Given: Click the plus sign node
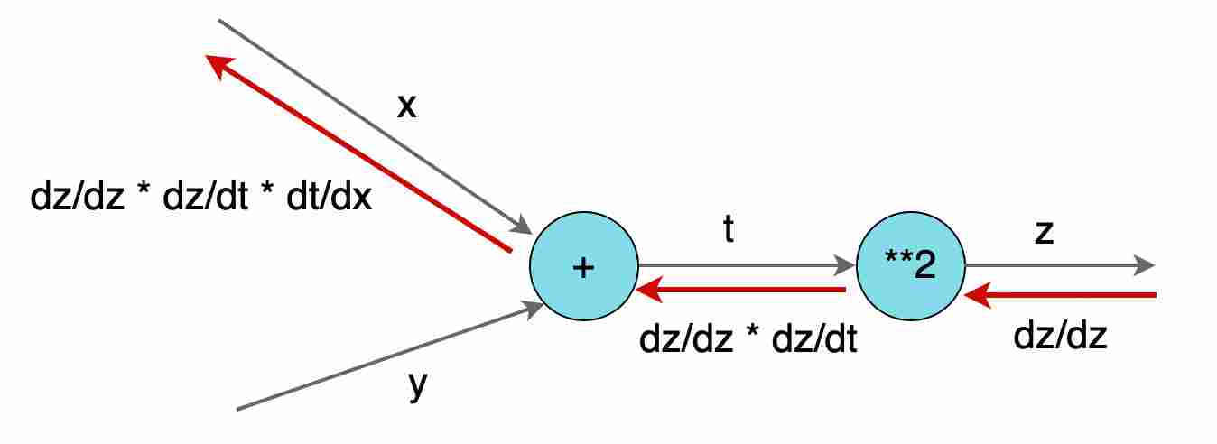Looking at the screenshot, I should [583, 267].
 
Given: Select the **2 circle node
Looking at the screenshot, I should [910, 267].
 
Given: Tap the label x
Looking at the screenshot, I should [406, 106].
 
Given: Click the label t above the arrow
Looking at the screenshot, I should [729, 231].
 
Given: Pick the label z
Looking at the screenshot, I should [1044, 231].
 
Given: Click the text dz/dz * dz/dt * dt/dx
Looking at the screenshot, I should [200, 197].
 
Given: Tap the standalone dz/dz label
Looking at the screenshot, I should [1060, 336].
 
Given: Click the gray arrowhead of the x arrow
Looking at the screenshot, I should [523, 226].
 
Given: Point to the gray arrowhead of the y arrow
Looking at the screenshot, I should [533, 307].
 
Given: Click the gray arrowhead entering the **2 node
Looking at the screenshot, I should [847, 266].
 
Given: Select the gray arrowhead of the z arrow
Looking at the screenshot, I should [1145, 266].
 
